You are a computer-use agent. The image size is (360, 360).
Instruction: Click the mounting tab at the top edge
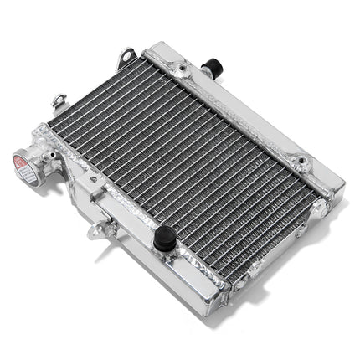[126, 57]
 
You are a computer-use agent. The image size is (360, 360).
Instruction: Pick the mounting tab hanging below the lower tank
[100, 227]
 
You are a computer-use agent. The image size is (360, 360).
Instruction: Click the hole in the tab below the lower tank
[98, 230]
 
